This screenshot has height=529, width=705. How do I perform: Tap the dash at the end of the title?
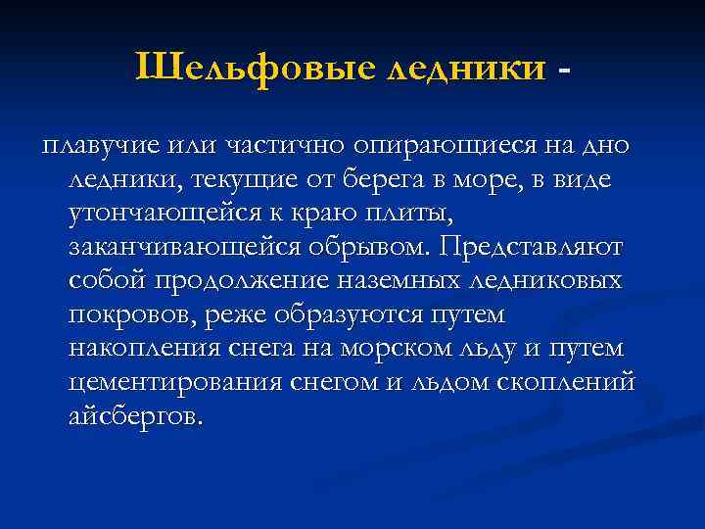pos(562,71)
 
